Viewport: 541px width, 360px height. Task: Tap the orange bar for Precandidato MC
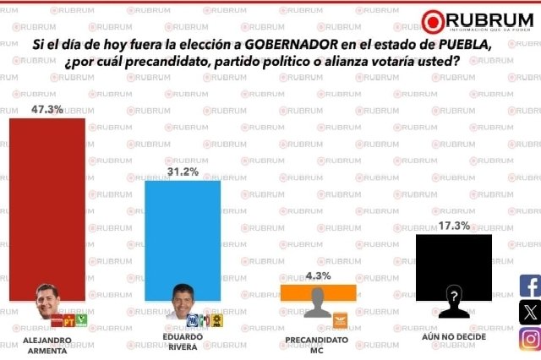tap(318, 292)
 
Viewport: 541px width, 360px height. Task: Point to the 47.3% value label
tap(47, 109)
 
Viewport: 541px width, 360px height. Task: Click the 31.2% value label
tap(183, 172)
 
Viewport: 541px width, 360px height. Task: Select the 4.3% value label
tap(318, 275)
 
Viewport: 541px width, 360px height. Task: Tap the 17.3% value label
tap(454, 226)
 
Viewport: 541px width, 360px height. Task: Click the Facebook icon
tap(529, 286)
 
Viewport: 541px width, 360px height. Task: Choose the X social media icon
tap(529, 313)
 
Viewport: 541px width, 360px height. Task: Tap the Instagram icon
tap(529, 339)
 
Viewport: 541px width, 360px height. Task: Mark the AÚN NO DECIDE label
tap(454, 339)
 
